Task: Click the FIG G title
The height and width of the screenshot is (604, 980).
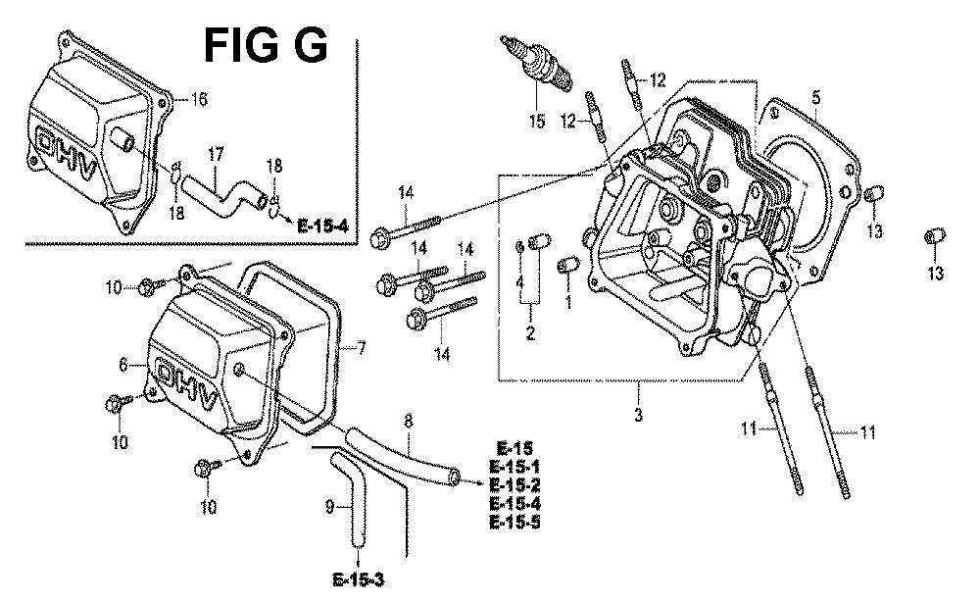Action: (x=265, y=45)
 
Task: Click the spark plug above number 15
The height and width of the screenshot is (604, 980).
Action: (x=536, y=64)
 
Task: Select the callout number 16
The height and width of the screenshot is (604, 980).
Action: (x=199, y=99)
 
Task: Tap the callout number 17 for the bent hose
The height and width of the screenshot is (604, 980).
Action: (x=215, y=155)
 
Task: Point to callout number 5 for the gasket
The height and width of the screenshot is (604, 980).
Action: (x=816, y=97)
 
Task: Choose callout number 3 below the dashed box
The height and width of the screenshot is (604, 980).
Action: (x=638, y=414)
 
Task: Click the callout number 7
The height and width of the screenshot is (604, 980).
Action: (x=361, y=347)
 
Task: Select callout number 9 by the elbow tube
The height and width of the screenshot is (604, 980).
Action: (x=330, y=507)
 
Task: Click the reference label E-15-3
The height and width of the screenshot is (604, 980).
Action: (x=359, y=580)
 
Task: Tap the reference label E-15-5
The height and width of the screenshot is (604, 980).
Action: (x=514, y=522)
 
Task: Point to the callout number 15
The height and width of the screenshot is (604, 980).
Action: (x=537, y=121)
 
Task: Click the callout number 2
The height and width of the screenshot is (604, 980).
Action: (x=530, y=333)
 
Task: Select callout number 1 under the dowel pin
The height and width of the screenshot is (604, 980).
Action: (x=568, y=303)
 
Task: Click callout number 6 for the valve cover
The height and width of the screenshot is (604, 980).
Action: (x=123, y=364)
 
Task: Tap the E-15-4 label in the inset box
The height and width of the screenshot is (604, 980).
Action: (x=322, y=226)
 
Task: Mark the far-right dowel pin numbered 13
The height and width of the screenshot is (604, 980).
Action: (x=934, y=237)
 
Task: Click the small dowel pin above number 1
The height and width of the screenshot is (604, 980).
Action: (x=568, y=265)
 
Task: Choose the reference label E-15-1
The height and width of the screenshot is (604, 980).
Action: (x=514, y=467)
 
